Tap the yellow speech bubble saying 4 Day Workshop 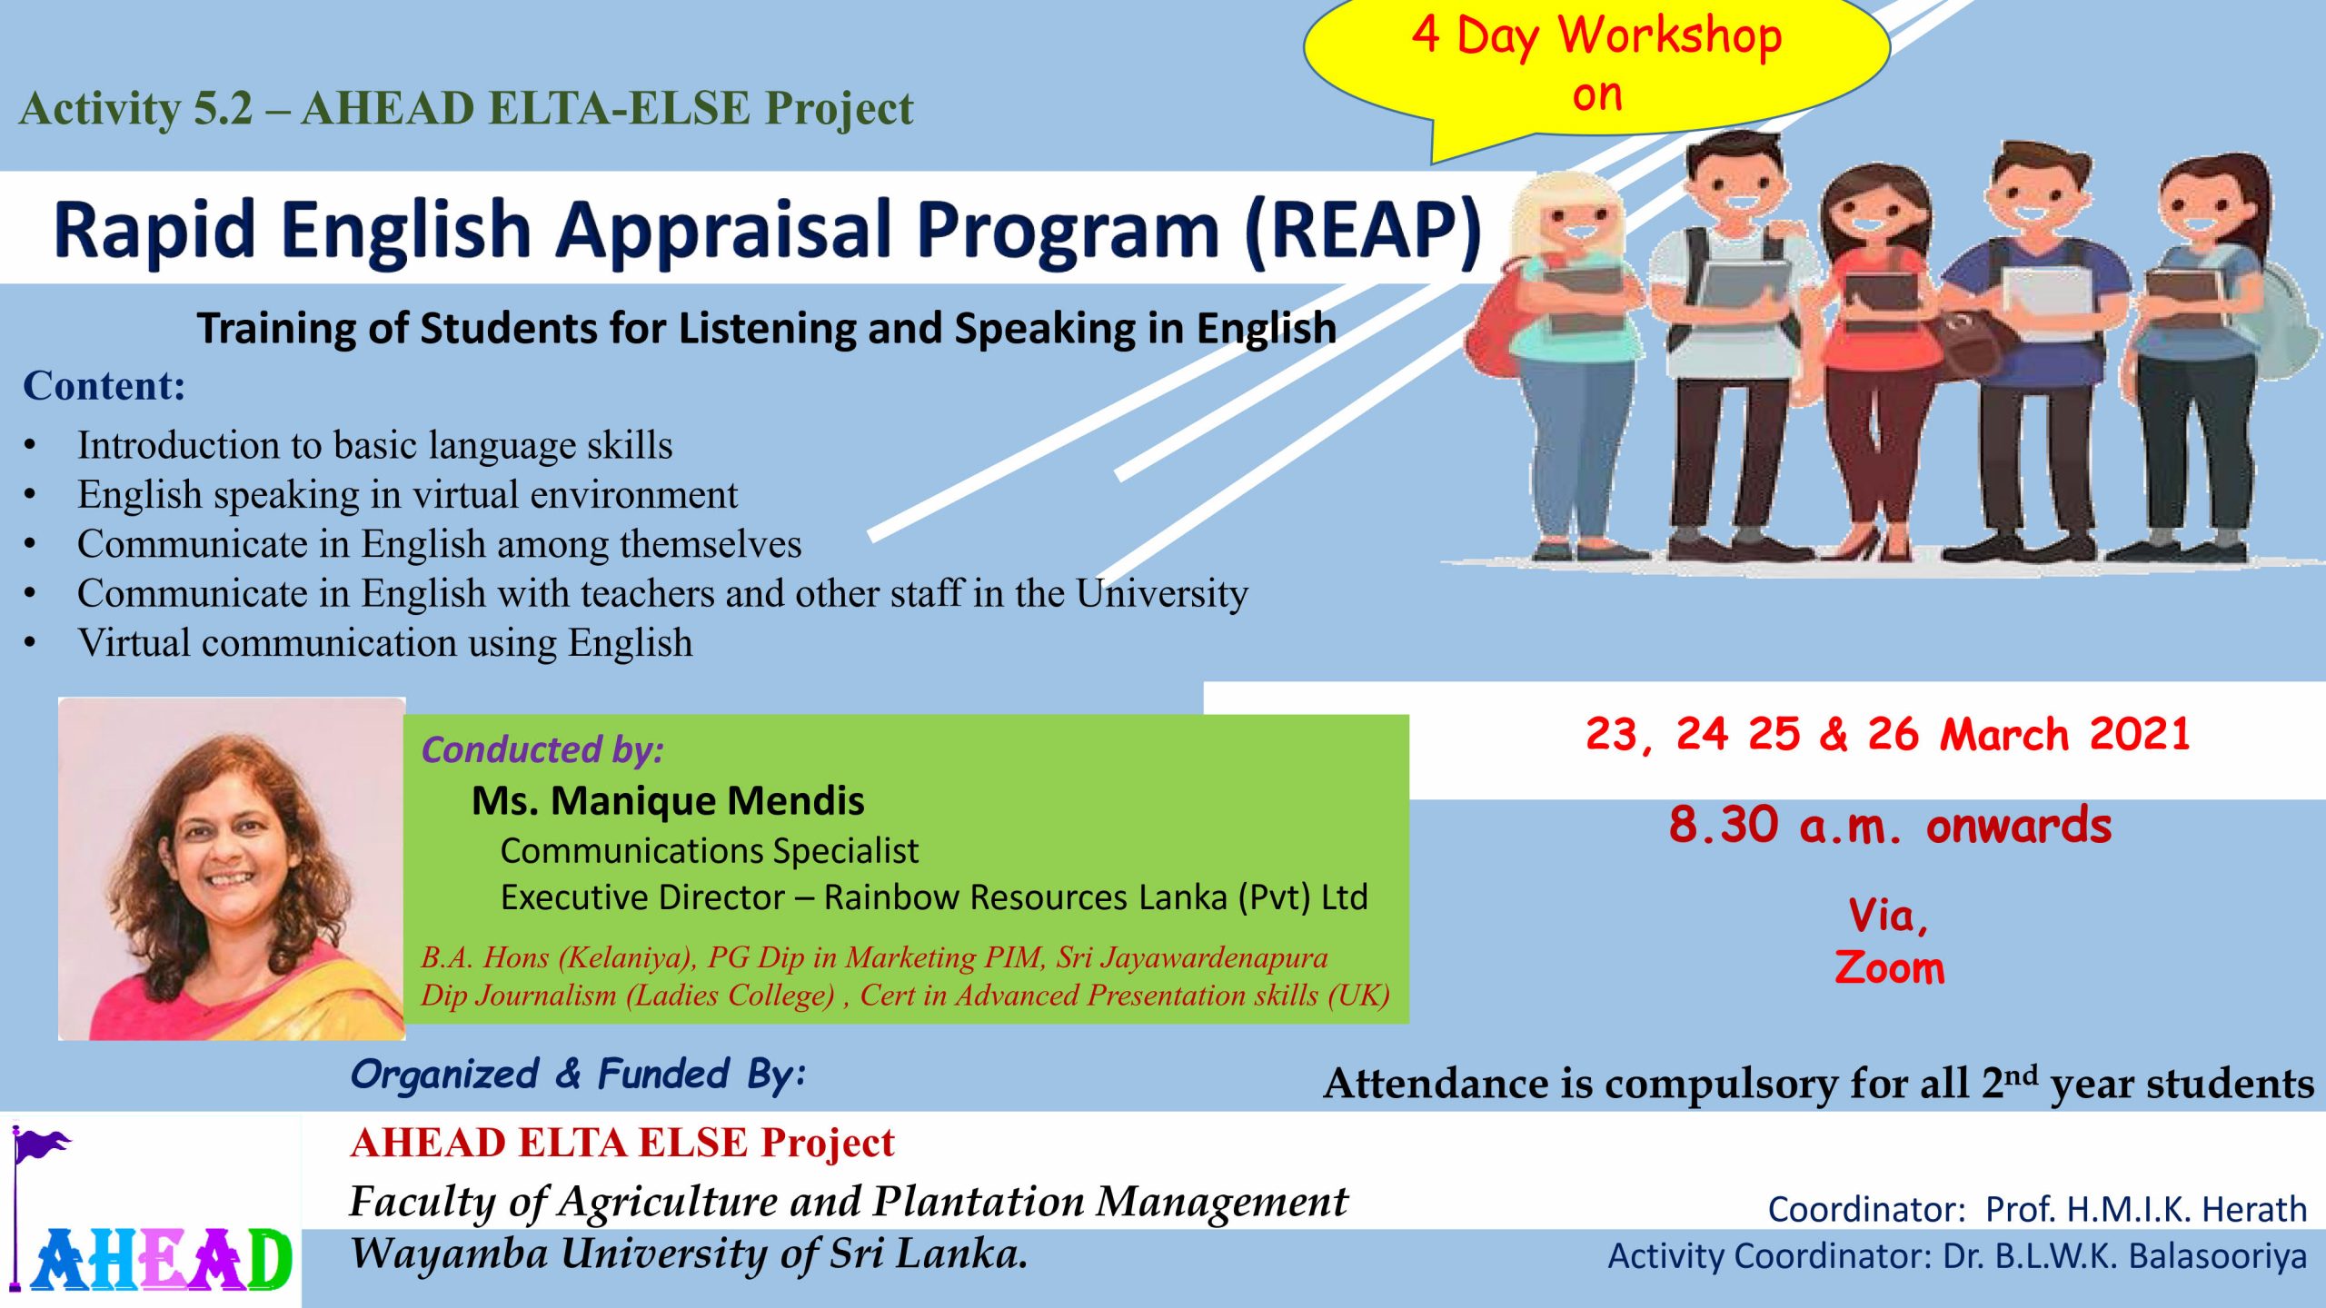pyautogui.click(x=1596, y=68)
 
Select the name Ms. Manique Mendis pyautogui.click(x=668, y=801)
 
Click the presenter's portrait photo pyautogui.click(x=232, y=868)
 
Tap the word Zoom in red pyautogui.click(x=1890, y=967)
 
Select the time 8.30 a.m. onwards pyautogui.click(x=1890, y=826)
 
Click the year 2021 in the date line pyautogui.click(x=2140, y=734)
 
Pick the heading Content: pyautogui.click(x=104, y=386)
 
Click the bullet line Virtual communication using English pyautogui.click(x=385, y=643)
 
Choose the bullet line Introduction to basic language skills pyautogui.click(x=375, y=446)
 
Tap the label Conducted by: pyautogui.click(x=543, y=750)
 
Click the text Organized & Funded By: pyautogui.click(x=579, y=1075)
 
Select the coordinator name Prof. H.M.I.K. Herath pyautogui.click(x=2146, y=1209)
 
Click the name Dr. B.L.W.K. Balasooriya pyautogui.click(x=2125, y=1256)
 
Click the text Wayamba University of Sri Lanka pyautogui.click(x=690, y=1254)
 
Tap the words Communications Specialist pyautogui.click(x=710, y=851)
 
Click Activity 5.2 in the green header pyautogui.click(x=136, y=110)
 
